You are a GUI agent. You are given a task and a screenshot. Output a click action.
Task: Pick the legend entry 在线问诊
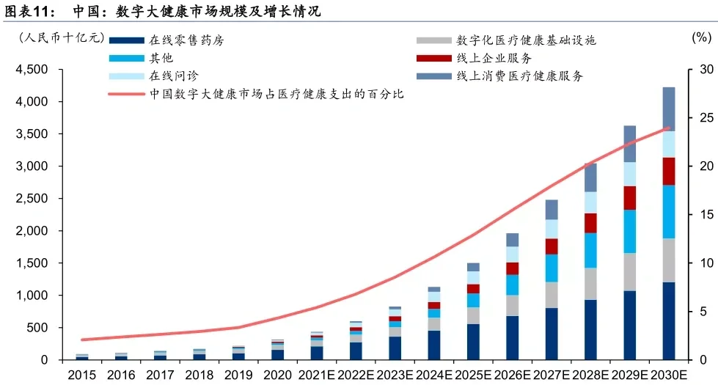point(173,76)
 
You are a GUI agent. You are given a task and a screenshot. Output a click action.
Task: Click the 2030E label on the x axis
point(668,375)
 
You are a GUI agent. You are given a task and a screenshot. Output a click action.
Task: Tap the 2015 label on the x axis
point(81,375)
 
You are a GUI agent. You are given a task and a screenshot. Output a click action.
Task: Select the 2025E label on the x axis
point(473,375)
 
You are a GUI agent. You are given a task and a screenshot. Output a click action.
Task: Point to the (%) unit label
point(700,37)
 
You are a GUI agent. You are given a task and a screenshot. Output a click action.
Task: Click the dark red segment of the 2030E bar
point(668,171)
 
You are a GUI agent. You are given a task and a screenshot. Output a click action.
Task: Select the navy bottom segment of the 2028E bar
point(590,329)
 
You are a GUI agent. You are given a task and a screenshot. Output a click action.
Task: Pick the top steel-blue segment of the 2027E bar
point(552,209)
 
